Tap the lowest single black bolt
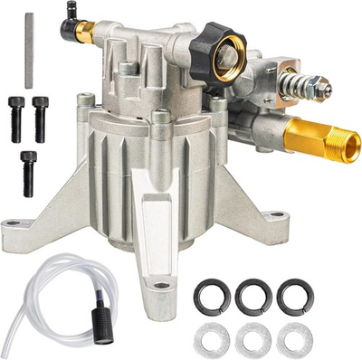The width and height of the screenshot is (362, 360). pos(28,166)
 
